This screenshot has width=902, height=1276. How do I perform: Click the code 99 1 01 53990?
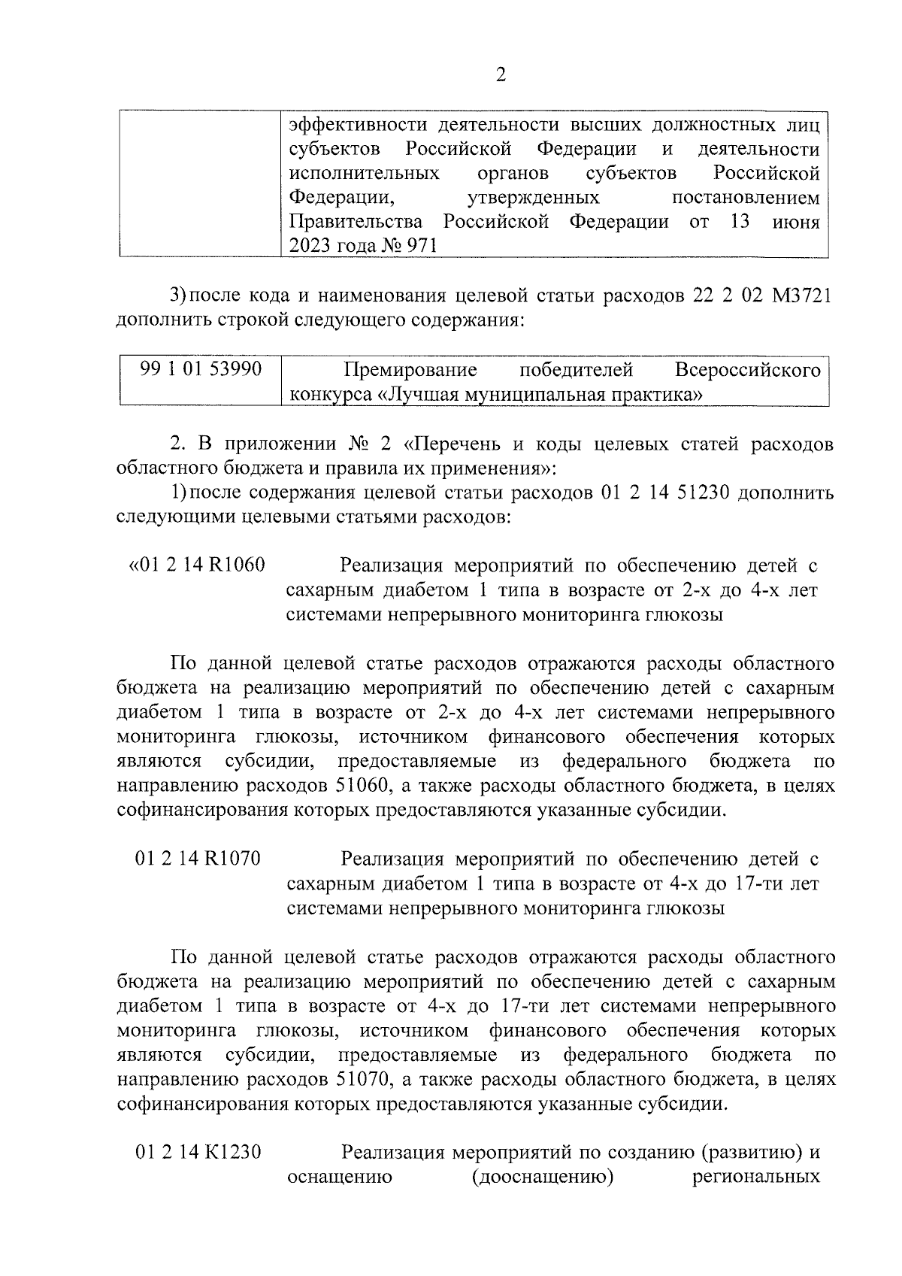point(201,369)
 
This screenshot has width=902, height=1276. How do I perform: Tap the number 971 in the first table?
point(420,247)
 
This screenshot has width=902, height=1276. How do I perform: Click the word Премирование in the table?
point(410,370)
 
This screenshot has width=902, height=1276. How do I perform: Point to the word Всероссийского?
point(747,370)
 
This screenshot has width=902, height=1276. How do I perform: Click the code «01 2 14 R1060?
point(198,565)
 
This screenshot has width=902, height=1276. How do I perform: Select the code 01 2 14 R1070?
point(198,858)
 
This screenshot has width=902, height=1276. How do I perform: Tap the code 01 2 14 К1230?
point(198,1151)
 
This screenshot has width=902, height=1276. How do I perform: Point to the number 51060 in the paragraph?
point(358,787)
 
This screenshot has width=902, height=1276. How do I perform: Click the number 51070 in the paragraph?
point(358,1080)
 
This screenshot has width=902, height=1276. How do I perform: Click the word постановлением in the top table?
point(745,198)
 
